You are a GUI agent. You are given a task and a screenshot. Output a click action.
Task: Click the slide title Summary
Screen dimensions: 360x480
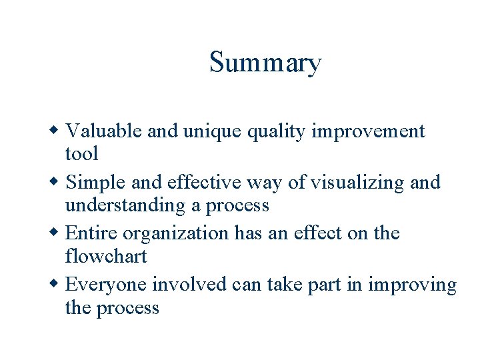pos(265,63)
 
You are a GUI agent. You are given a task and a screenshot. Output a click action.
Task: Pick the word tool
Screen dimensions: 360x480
pos(81,153)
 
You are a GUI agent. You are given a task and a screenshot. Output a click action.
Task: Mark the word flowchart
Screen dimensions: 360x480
pos(106,256)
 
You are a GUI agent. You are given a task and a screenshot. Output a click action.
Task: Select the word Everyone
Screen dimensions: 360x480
pos(107,285)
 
